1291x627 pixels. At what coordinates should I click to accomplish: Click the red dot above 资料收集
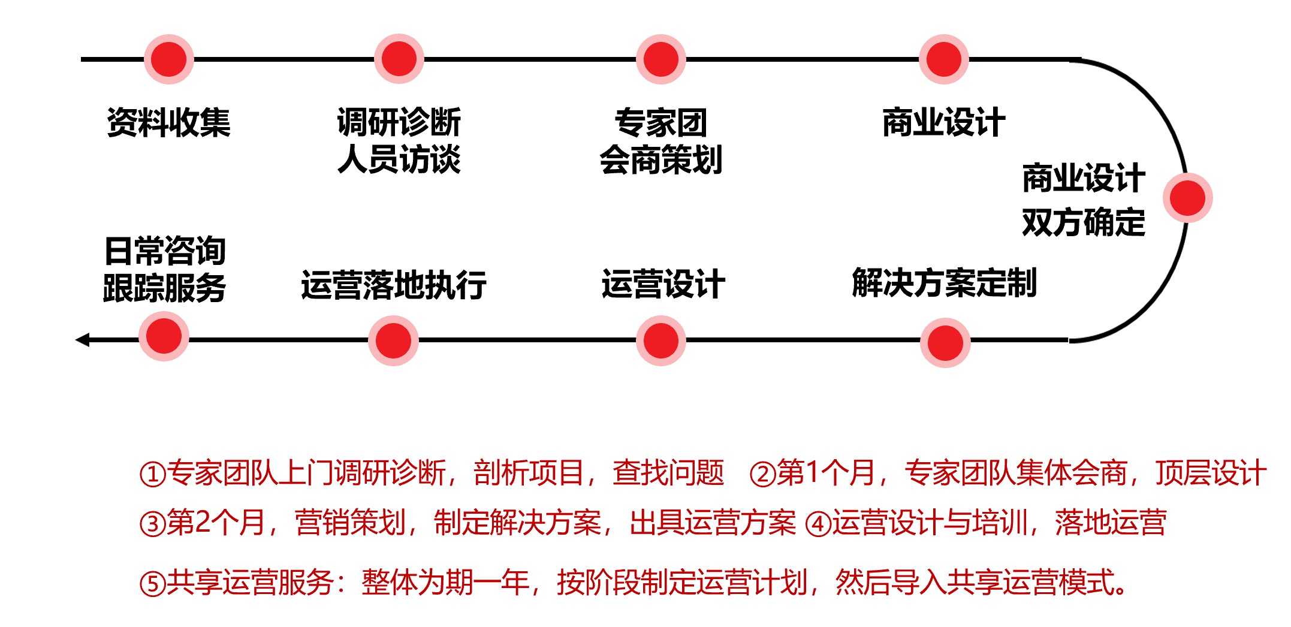point(169,59)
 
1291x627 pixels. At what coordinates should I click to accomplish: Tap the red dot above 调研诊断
point(399,59)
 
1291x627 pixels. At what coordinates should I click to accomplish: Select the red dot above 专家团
point(661,59)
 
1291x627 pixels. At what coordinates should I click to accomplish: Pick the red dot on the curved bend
point(1187,198)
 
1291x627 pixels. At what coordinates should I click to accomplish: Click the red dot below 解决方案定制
point(945,343)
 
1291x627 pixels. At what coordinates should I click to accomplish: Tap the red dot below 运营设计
point(660,341)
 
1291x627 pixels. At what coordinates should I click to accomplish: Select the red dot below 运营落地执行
point(393,341)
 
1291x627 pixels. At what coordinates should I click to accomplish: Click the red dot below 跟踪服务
point(164,336)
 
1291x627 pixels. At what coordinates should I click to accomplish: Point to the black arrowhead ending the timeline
point(83,340)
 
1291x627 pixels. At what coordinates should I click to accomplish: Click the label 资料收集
point(168,123)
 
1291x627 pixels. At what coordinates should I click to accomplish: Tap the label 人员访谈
point(399,160)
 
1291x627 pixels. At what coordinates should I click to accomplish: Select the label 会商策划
point(661,160)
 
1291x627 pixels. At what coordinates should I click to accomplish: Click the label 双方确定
point(1084,222)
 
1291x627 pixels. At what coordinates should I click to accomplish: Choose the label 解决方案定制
point(945,283)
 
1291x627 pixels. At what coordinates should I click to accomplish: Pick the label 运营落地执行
point(394,285)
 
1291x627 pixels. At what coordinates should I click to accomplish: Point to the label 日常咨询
point(165,251)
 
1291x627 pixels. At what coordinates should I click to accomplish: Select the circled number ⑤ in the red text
point(152,584)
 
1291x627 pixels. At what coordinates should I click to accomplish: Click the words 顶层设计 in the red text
point(1211,473)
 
